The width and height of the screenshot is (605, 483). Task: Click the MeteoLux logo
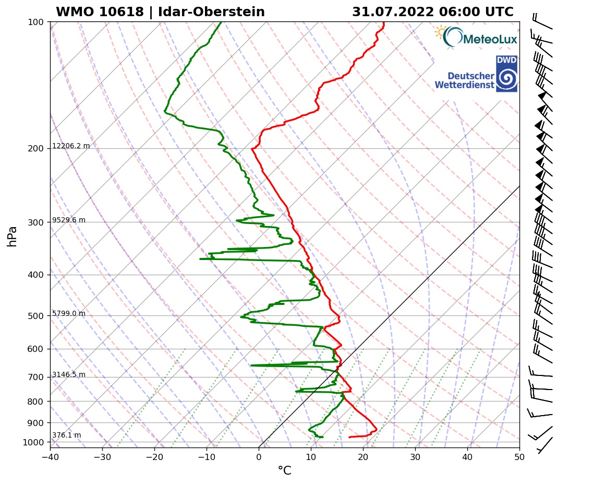click(476, 37)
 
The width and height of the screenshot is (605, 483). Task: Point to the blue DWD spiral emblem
click(506, 78)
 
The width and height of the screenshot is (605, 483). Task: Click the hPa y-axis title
click(13, 236)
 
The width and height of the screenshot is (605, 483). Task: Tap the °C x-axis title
click(284, 471)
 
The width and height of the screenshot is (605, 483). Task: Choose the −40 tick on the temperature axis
click(50, 456)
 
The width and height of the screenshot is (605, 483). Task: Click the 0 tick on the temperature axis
click(259, 456)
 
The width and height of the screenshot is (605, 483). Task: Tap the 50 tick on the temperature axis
click(519, 456)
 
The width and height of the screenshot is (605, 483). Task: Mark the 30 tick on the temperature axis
click(415, 456)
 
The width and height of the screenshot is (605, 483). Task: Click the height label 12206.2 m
click(71, 146)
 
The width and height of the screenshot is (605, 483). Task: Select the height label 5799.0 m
click(69, 314)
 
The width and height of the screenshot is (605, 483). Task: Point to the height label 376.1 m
click(66, 435)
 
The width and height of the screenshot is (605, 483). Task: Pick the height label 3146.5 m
click(69, 375)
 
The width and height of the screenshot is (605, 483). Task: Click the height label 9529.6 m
click(69, 220)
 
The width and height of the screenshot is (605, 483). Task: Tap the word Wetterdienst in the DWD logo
click(464, 85)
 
